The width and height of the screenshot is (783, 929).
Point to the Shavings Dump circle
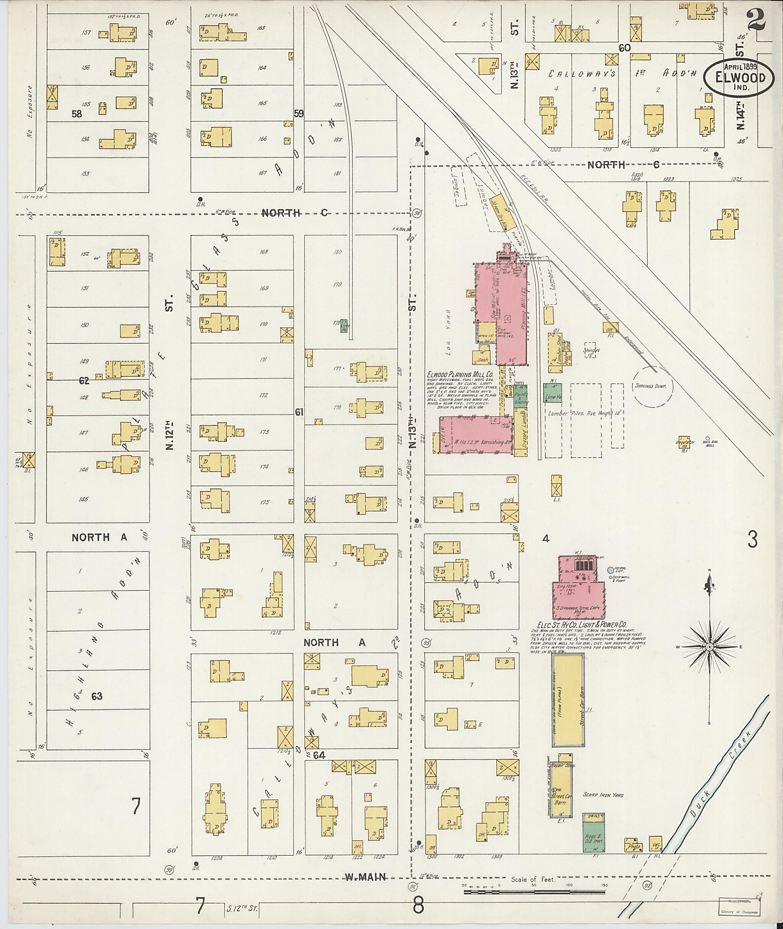(x=653, y=386)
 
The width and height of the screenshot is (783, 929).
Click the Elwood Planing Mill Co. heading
(x=460, y=374)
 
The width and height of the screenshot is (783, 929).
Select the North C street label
(x=294, y=213)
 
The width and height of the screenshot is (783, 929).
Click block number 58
(x=77, y=114)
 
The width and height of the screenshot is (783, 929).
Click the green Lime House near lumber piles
(x=552, y=393)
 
